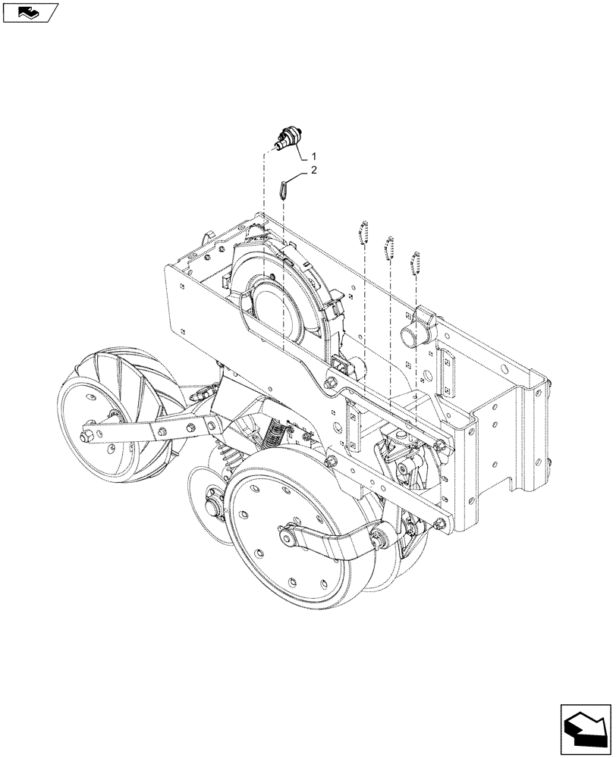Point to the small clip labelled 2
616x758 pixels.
(x=284, y=188)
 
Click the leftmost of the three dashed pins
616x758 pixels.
(x=363, y=232)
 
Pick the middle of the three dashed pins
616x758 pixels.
(x=390, y=246)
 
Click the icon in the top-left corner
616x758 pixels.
(x=30, y=12)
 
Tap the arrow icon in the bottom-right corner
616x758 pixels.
(x=585, y=727)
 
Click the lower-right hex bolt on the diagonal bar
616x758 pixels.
(x=440, y=523)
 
